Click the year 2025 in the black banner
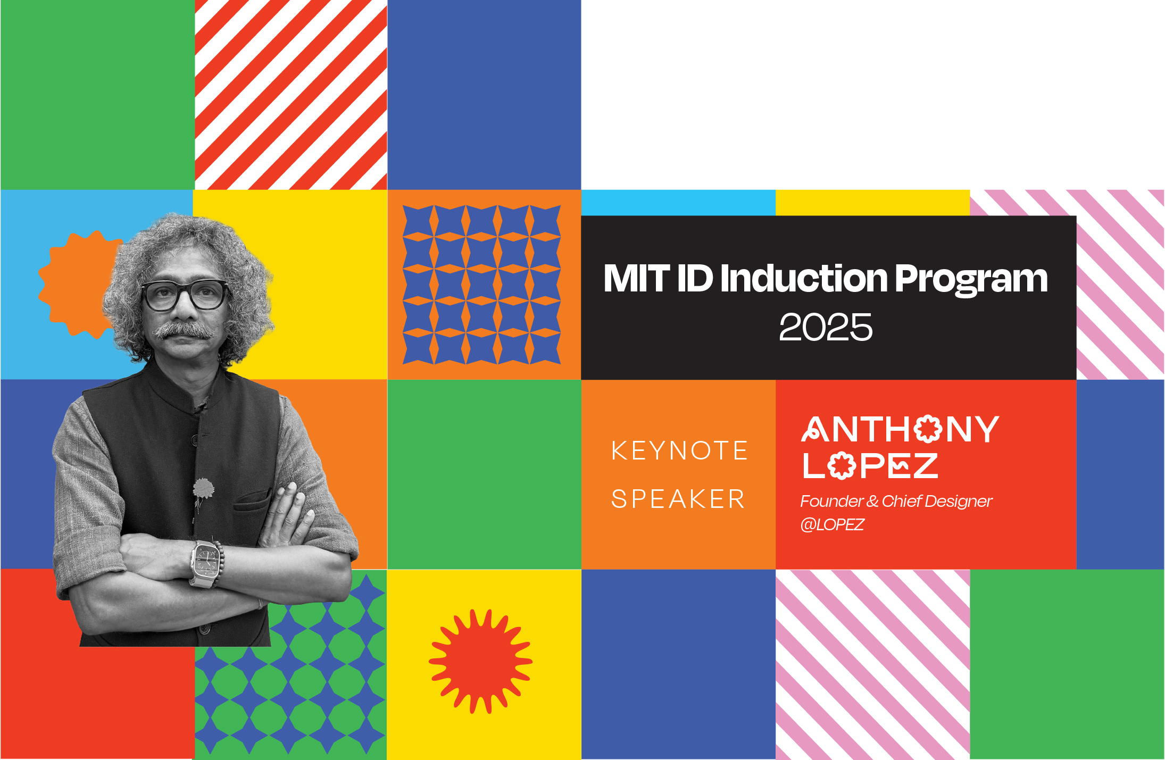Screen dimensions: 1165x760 coord(826,327)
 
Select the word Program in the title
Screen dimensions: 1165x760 coord(971,280)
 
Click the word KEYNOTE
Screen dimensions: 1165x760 coord(680,450)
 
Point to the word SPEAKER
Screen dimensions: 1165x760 coord(678,499)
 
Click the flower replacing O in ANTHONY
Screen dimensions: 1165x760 coord(928,429)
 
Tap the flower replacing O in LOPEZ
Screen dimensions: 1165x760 coord(842,466)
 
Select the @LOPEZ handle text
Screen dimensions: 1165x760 coord(832,525)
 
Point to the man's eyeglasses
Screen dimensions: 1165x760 coord(185,296)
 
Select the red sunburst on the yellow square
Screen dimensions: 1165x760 coord(480,661)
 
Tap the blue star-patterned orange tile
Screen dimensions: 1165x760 coord(484,285)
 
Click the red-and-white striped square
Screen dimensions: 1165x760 coord(291,95)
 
